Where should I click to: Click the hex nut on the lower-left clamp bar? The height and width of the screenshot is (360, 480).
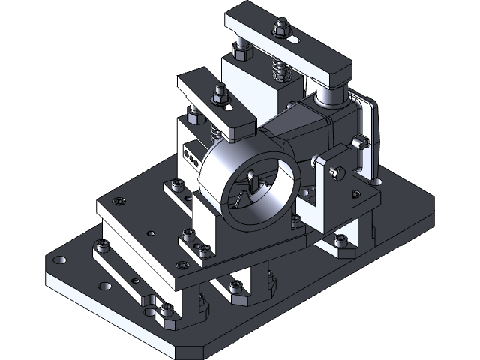coord(219,93)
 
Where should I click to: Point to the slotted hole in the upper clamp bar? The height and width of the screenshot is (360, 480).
coord(298,37)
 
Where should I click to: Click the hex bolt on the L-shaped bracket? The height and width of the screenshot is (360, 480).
coord(337,174)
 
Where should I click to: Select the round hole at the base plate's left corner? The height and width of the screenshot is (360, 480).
coord(60,259)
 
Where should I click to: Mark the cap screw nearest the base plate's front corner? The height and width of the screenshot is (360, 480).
coord(166,308)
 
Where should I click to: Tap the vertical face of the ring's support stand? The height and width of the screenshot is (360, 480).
coord(206,225)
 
